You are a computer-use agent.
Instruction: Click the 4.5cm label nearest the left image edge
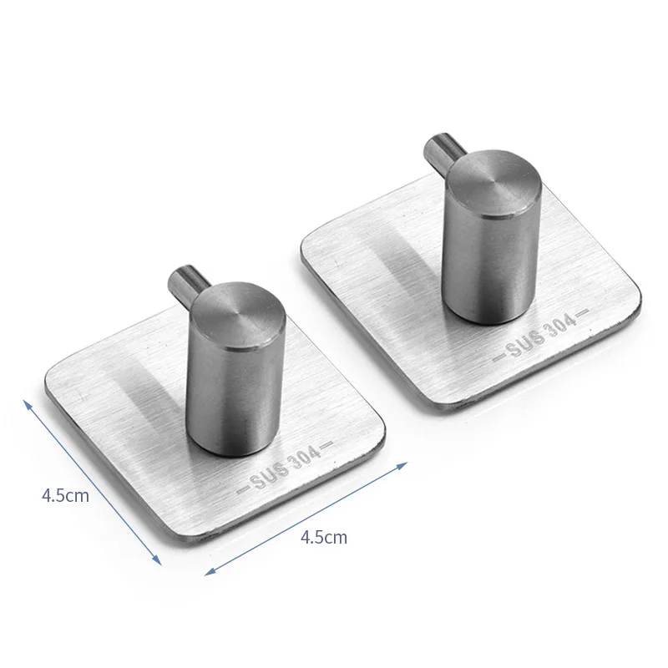point(65,495)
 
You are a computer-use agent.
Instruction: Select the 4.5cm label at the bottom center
point(322,537)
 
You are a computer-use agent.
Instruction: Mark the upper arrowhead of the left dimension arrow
point(28,402)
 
